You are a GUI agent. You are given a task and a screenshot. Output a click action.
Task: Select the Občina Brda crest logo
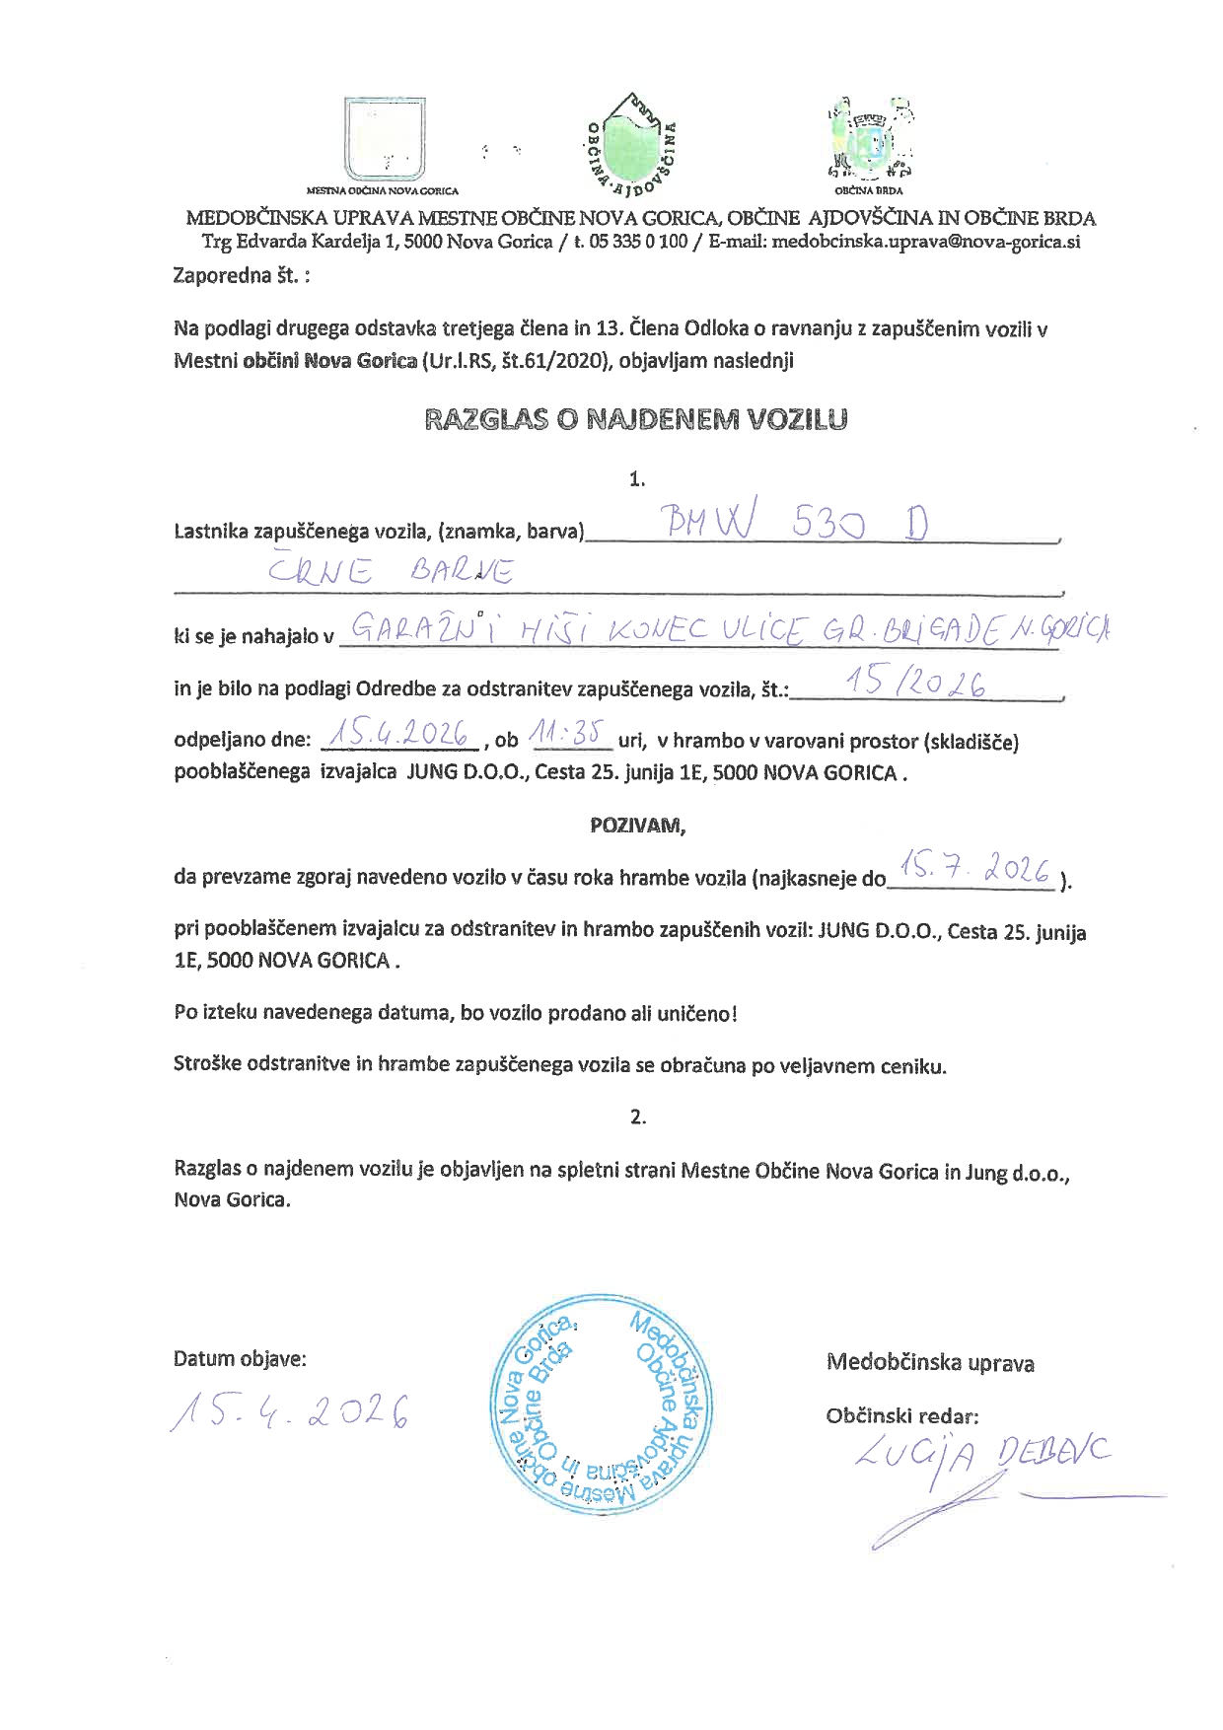pos(869,137)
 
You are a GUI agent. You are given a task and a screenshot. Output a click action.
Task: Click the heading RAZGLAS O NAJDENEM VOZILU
pos(636,419)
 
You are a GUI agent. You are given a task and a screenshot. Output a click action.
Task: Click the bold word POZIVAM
pos(637,826)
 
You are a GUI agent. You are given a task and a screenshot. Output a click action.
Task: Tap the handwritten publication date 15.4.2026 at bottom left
pos(291,1413)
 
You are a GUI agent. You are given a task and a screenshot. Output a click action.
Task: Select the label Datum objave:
pos(240,1358)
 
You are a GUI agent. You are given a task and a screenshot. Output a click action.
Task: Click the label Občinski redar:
pos(901,1416)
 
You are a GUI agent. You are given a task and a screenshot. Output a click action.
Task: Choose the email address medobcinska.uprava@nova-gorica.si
pos(926,242)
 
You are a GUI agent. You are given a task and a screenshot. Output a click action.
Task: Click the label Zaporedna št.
pos(242,275)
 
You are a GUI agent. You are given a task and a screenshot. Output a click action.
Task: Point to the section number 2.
pos(637,1117)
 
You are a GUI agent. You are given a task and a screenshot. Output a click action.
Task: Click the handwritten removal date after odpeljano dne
pos(396,735)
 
